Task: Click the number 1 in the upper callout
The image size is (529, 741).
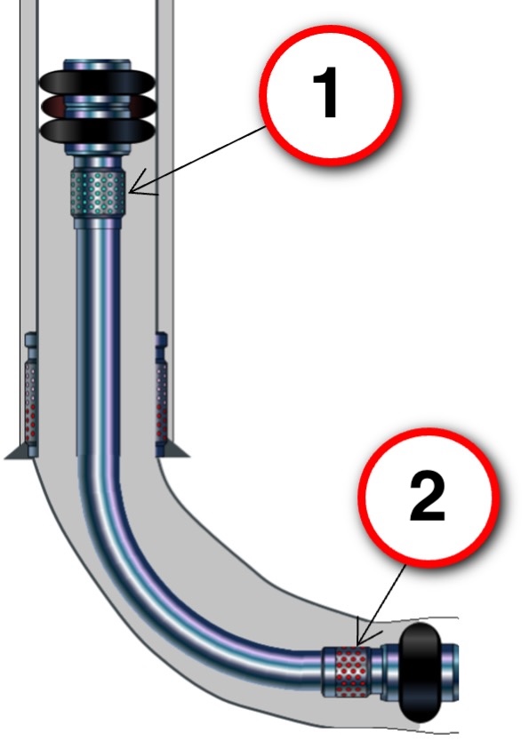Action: (x=326, y=92)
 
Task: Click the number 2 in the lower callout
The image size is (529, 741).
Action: (x=428, y=496)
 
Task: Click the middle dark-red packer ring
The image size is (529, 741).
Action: (x=98, y=107)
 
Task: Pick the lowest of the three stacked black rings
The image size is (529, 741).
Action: (x=98, y=130)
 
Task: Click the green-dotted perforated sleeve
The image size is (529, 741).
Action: (x=99, y=194)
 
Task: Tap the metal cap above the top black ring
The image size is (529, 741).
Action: (x=98, y=65)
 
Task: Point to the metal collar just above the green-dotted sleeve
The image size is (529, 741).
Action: (x=97, y=163)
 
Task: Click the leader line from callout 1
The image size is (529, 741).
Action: (x=197, y=159)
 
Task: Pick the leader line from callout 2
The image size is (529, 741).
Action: (x=382, y=605)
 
